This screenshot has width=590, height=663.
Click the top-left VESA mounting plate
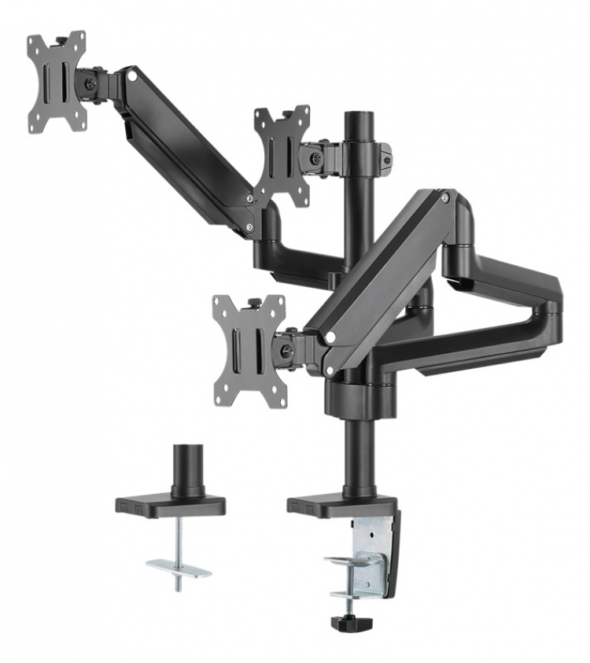[x=56, y=82]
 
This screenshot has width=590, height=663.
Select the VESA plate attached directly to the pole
[x=282, y=156]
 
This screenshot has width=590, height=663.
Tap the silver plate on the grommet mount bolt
[x=179, y=565]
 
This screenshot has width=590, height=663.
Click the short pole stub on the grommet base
[x=188, y=470]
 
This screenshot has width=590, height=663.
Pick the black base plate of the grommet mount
[x=170, y=503]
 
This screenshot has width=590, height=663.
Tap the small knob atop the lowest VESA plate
[x=253, y=302]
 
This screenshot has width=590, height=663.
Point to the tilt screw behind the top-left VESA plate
[x=92, y=82]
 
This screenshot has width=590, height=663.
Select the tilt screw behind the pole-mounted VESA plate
[x=316, y=158]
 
